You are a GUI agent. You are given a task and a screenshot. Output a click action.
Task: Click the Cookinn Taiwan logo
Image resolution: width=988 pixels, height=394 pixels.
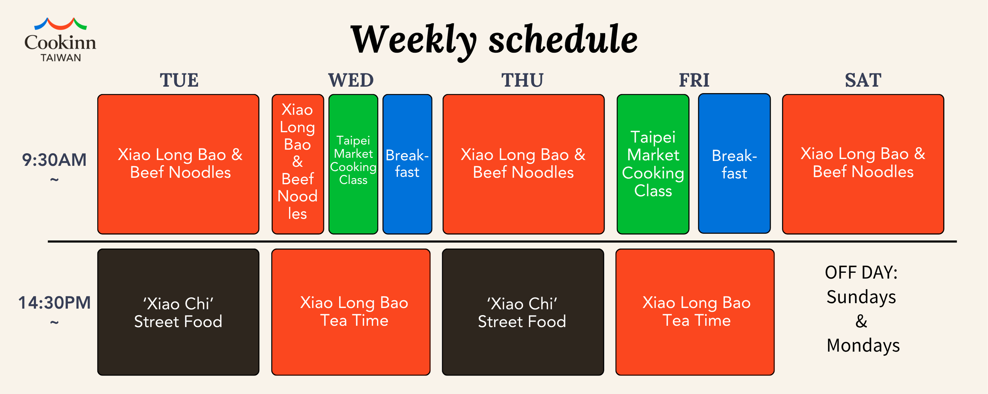[60, 40]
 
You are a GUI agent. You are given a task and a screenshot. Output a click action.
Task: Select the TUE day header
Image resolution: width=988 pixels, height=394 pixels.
[179, 80]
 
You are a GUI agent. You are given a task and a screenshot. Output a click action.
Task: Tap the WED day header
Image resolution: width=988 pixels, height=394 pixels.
[351, 80]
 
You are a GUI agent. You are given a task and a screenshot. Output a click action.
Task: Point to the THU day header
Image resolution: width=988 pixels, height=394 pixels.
[522, 80]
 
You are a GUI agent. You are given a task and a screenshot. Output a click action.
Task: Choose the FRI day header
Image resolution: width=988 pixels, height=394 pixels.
[694, 80]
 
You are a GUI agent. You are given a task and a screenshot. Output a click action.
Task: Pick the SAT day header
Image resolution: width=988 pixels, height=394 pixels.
[863, 80]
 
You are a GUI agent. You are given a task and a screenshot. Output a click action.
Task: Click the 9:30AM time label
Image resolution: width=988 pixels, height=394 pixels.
[54, 160]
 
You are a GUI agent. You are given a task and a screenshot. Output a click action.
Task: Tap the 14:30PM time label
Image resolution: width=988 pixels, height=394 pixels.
[54, 303]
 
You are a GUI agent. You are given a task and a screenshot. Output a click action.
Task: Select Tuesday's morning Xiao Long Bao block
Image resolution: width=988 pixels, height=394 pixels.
[178, 164]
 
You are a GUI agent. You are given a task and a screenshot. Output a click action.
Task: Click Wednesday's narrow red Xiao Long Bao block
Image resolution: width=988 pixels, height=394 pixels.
[298, 164]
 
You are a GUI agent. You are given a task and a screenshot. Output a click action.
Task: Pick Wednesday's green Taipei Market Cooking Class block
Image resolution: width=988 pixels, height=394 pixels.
[353, 164]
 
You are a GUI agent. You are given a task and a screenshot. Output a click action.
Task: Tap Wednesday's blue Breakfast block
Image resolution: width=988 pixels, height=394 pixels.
[407, 164]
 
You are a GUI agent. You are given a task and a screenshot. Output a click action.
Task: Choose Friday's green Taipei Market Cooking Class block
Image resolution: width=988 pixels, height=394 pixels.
[653, 164]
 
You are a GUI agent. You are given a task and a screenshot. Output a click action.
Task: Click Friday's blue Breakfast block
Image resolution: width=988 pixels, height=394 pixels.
[734, 163]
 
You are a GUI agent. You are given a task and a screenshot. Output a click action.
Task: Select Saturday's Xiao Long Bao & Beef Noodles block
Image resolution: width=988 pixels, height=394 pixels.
[863, 164]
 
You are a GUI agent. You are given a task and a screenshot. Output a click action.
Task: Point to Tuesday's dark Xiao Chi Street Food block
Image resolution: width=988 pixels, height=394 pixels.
[178, 312]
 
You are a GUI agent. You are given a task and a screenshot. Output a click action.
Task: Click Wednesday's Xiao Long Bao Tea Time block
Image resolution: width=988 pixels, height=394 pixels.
[351, 312]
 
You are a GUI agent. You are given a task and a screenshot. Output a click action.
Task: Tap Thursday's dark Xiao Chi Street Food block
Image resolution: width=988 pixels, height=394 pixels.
[523, 312]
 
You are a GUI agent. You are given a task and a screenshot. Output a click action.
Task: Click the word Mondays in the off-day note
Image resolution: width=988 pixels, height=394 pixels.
[863, 345]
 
